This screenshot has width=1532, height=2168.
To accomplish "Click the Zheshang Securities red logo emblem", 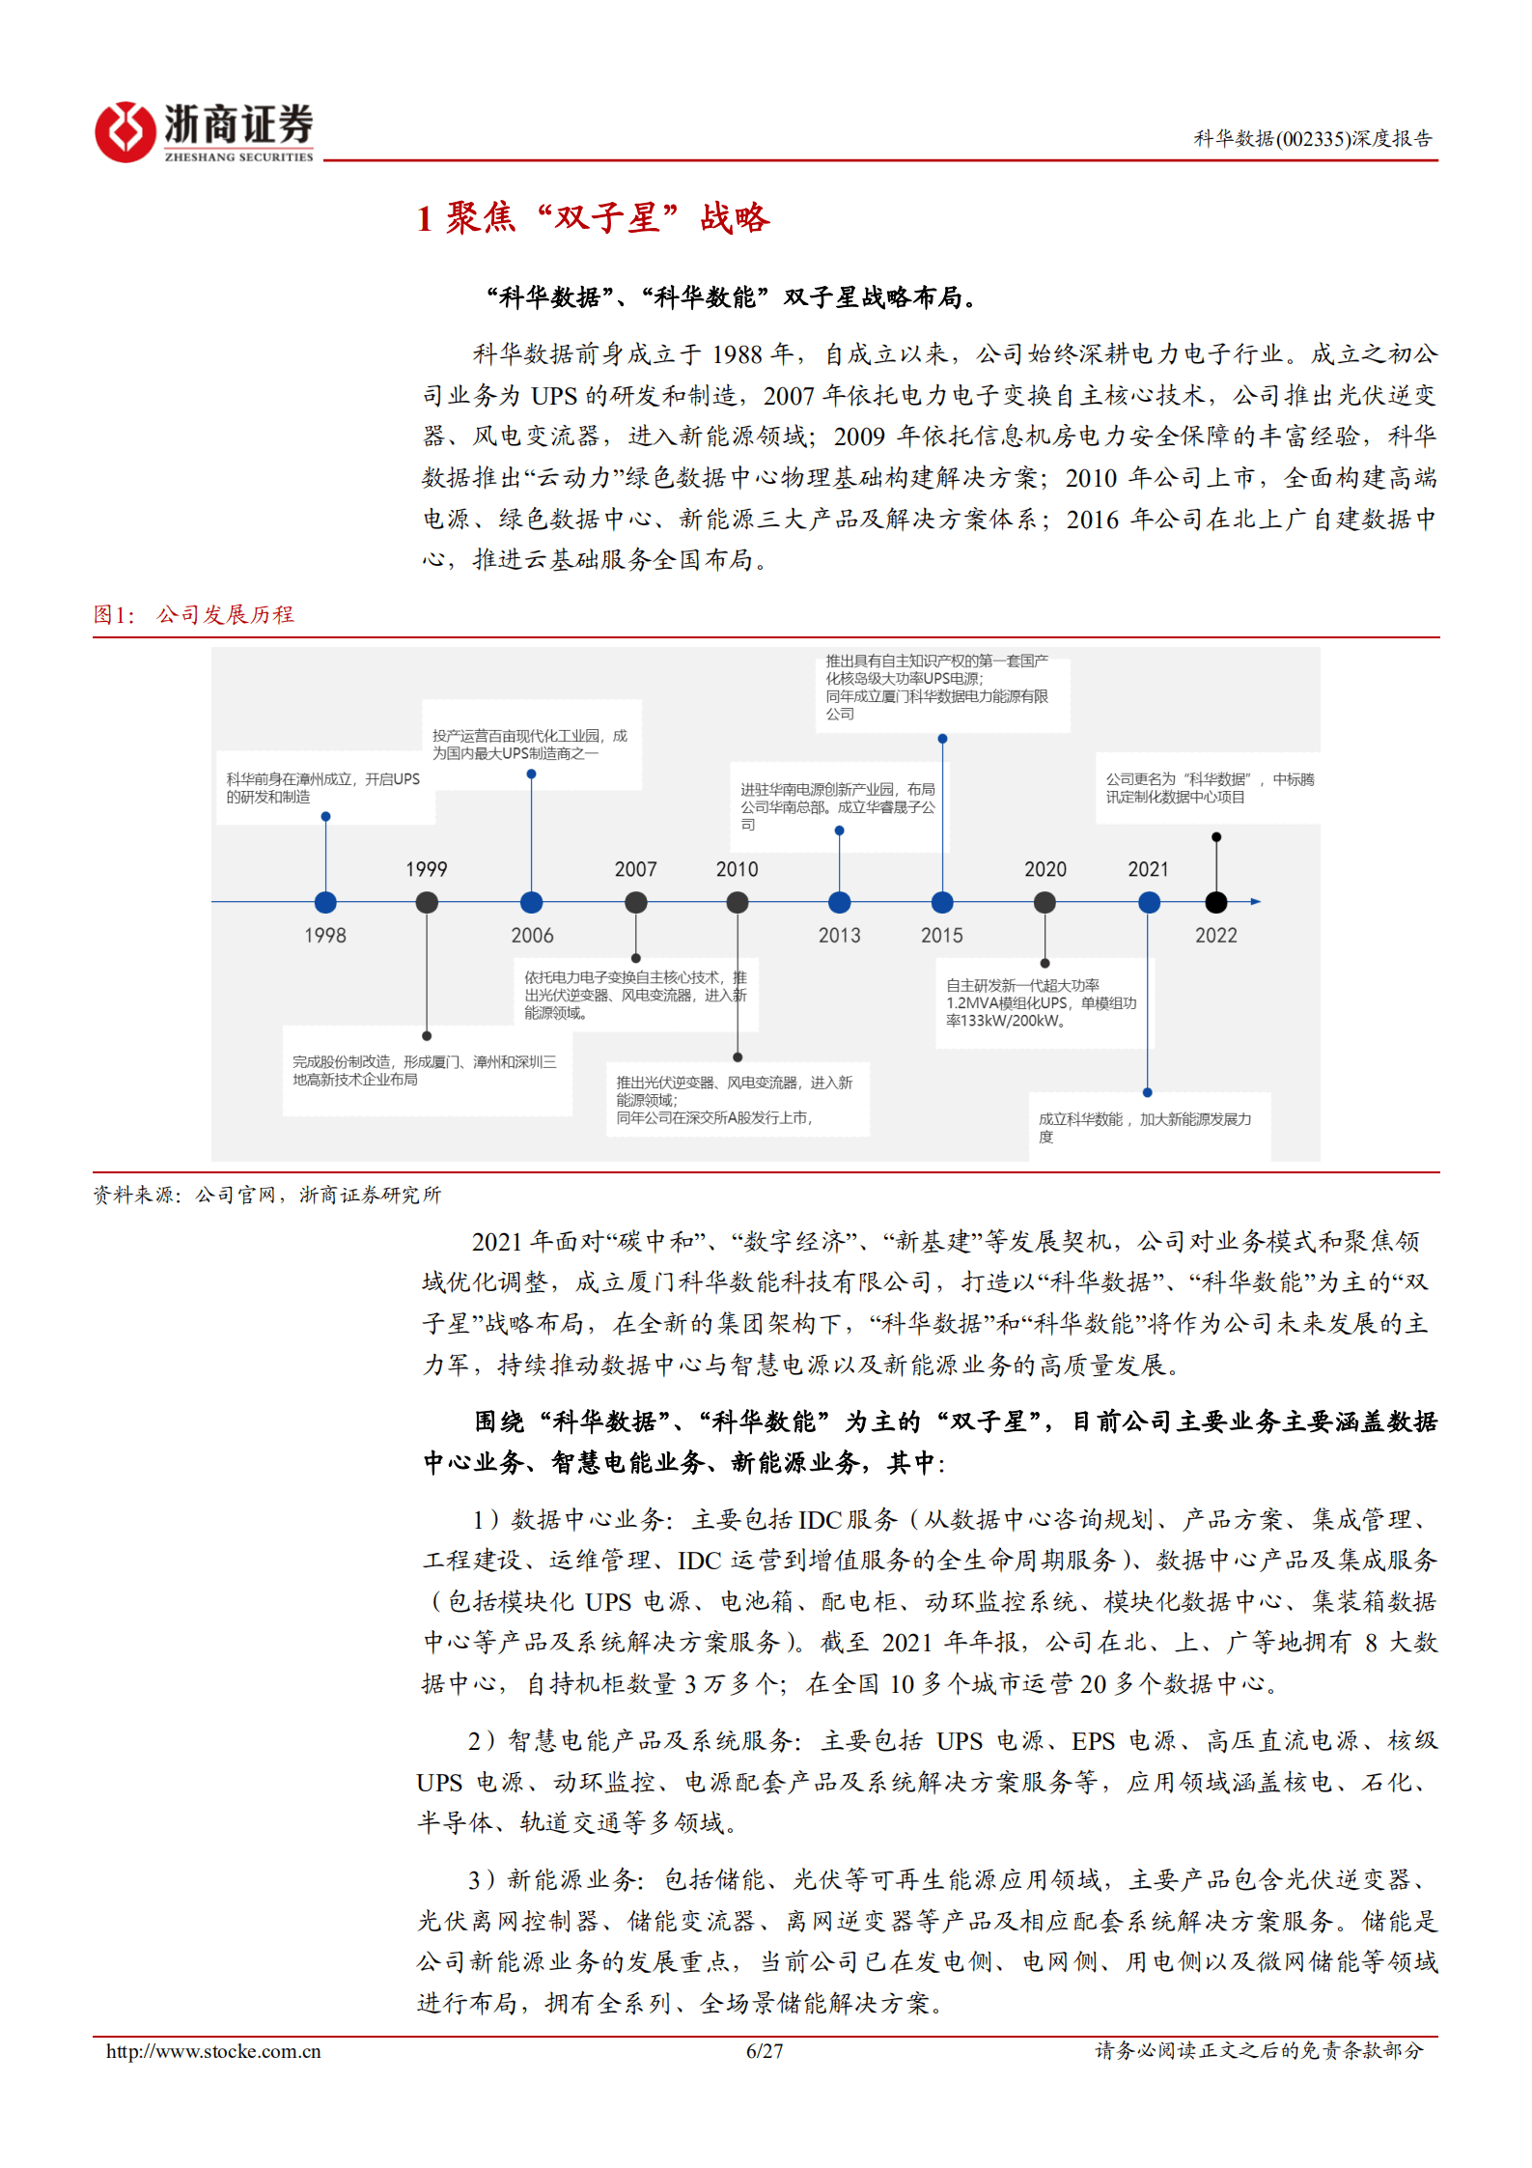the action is pos(125,132).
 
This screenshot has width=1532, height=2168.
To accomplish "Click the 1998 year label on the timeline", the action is pos(325,935).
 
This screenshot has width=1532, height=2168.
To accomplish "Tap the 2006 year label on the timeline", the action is pos(532,935).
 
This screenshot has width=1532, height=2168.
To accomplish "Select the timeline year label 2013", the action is pos(839,935).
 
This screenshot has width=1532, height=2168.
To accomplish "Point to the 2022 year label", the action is pos(1215,935).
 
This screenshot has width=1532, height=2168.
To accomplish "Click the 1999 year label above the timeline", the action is pos(426,869).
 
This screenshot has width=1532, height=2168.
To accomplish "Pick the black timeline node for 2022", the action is pos(1215,902).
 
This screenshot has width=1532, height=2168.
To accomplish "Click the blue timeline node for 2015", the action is pos(942,902).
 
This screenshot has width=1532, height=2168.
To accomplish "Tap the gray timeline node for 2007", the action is pos(635,902).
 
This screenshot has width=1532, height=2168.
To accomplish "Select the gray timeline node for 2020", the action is pos(1045,902).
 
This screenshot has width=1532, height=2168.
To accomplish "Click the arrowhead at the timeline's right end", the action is pos(1255,902).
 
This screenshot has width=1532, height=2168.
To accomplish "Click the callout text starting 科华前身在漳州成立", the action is pos(322,788).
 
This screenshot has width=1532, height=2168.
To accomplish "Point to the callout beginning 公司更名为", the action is pos(1209,788).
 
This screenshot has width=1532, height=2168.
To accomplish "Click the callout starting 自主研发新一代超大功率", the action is pos(1041,1002).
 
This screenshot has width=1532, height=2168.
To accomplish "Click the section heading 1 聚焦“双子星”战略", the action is pos(593,218).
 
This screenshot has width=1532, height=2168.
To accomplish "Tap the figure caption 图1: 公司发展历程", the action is pos(193,614).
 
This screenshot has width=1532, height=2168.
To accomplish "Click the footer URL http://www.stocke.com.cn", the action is pos(213,2051).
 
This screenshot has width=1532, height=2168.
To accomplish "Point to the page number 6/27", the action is pos(765,2051).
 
